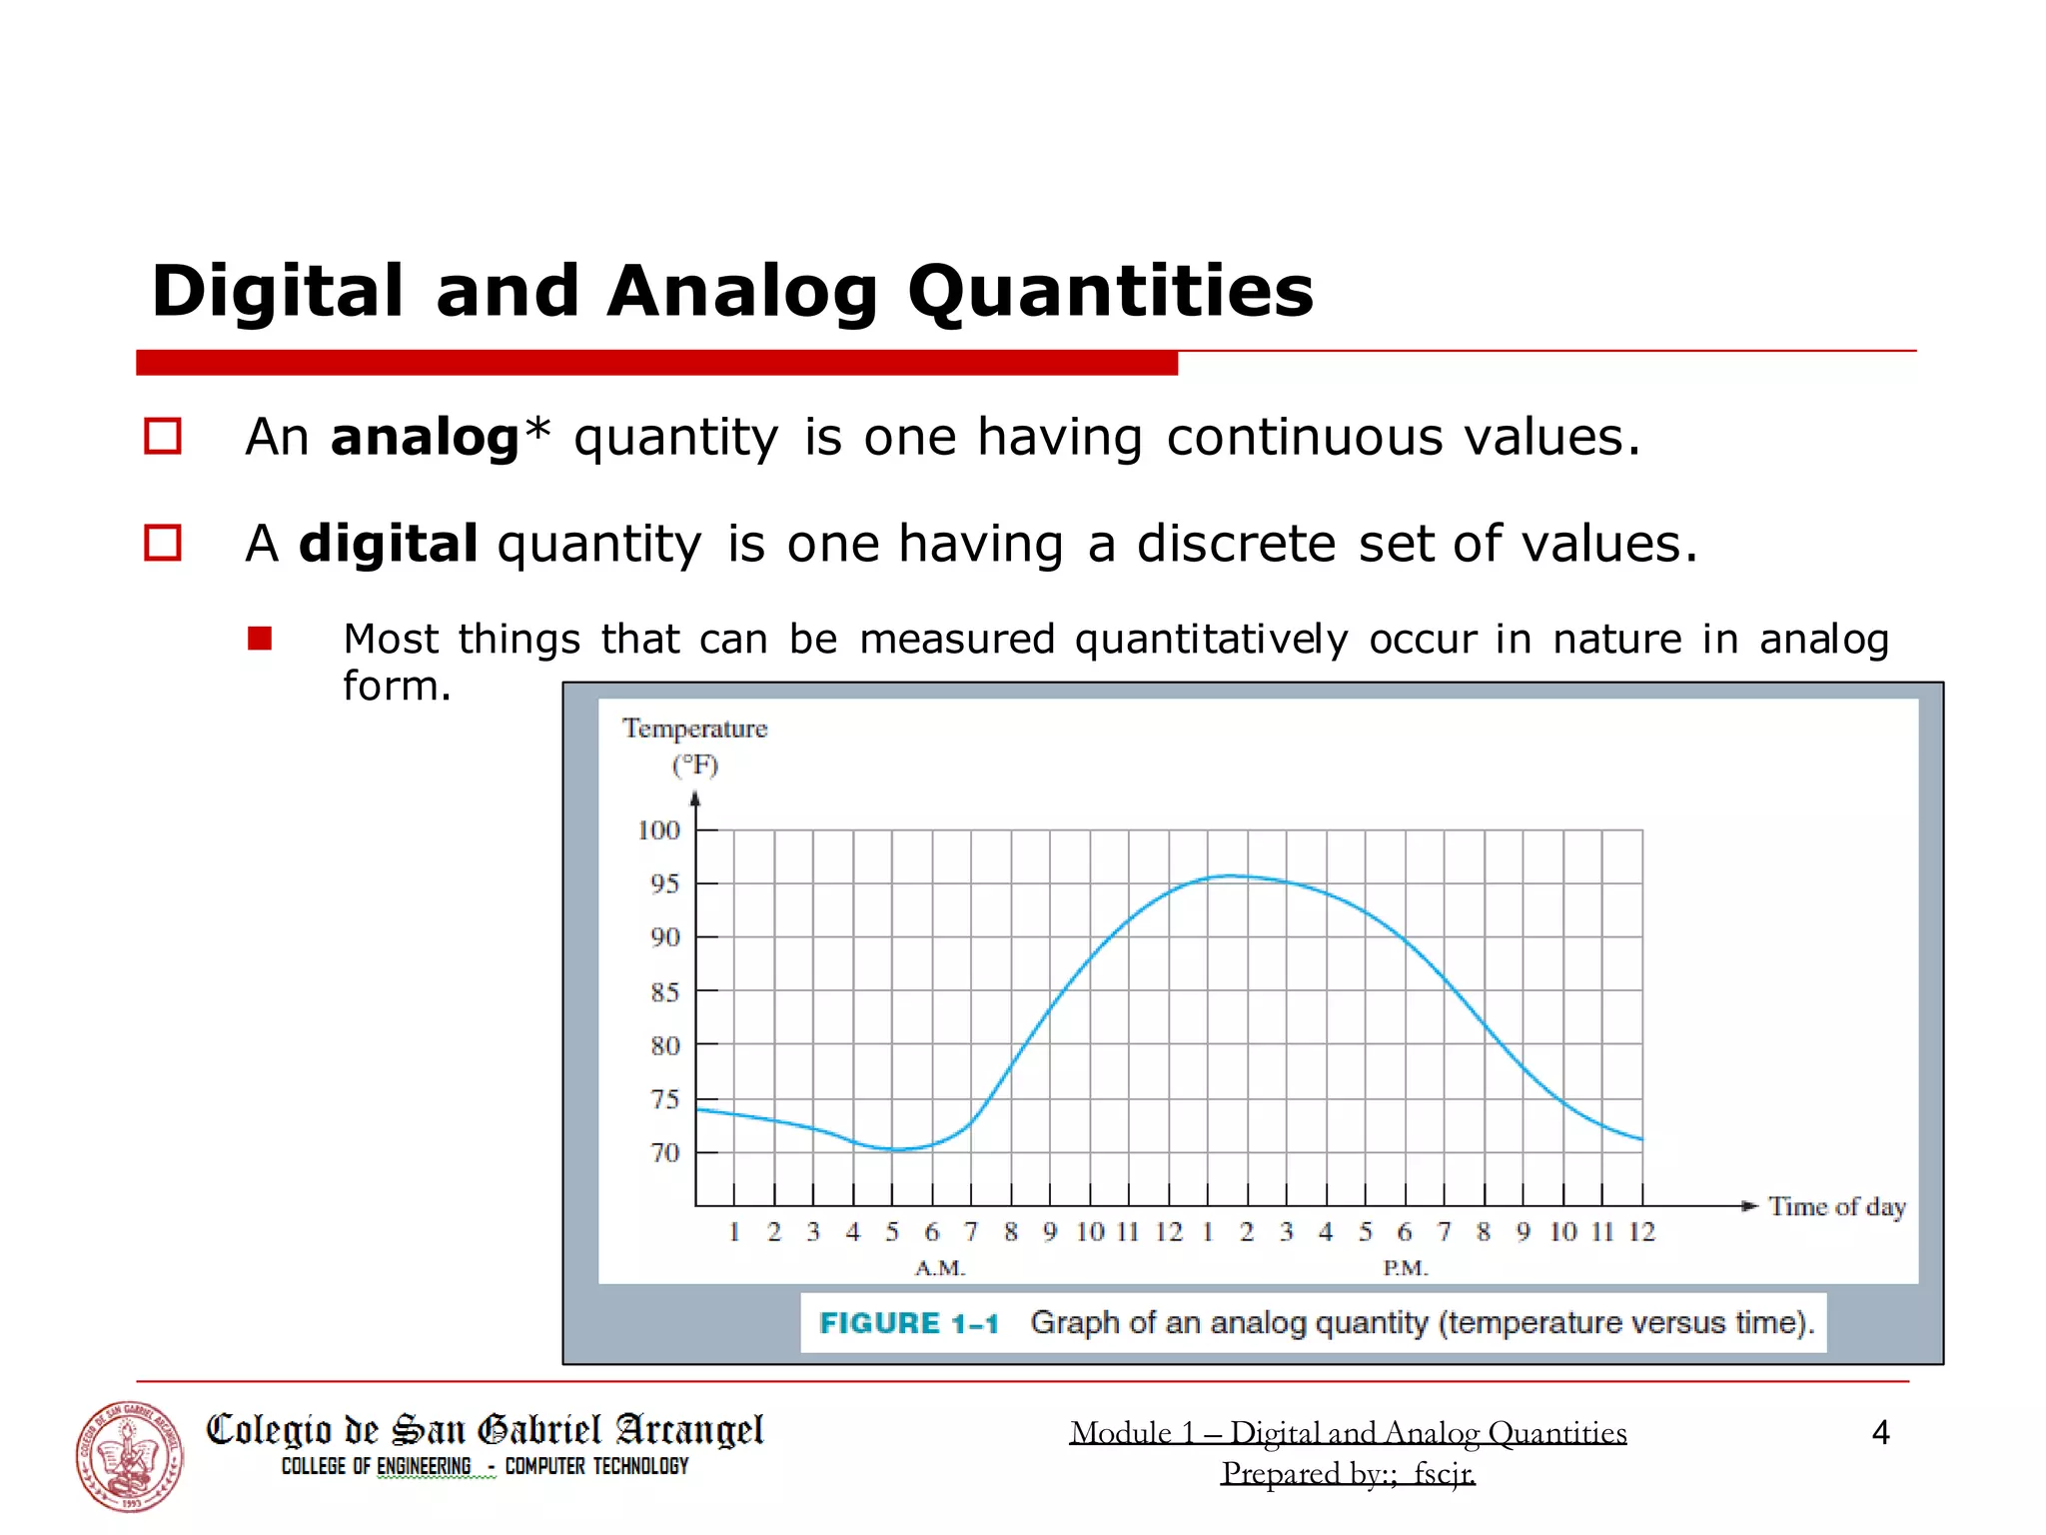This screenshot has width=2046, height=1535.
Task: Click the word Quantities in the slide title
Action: click(1110, 293)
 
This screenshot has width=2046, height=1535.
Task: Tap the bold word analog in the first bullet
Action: click(425, 438)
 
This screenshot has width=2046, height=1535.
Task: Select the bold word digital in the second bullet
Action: click(388, 545)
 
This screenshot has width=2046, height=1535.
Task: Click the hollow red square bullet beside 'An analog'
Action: click(163, 437)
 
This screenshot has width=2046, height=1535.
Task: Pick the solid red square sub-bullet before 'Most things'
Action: click(260, 639)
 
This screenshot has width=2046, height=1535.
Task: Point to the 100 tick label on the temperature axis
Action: click(658, 830)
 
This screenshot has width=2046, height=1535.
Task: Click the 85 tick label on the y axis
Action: click(664, 992)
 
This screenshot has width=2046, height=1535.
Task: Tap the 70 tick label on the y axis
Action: click(664, 1153)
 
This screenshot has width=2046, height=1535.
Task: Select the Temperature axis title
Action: click(694, 729)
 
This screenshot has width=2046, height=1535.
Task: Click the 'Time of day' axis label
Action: click(1836, 1207)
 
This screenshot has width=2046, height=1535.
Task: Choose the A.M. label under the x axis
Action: click(940, 1268)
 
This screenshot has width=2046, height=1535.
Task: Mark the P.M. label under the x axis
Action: click(1406, 1268)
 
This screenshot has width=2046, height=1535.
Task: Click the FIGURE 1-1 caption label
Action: click(908, 1323)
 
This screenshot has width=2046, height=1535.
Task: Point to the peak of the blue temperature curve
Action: click(1231, 876)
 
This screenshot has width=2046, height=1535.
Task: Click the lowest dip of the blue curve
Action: click(896, 1149)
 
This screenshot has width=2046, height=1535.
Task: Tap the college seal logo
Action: click(130, 1456)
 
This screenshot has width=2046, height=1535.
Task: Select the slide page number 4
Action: click(1880, 1433)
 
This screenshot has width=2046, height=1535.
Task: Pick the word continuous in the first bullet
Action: click(1305, 438)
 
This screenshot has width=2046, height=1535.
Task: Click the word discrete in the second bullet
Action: click(1236, 545)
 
